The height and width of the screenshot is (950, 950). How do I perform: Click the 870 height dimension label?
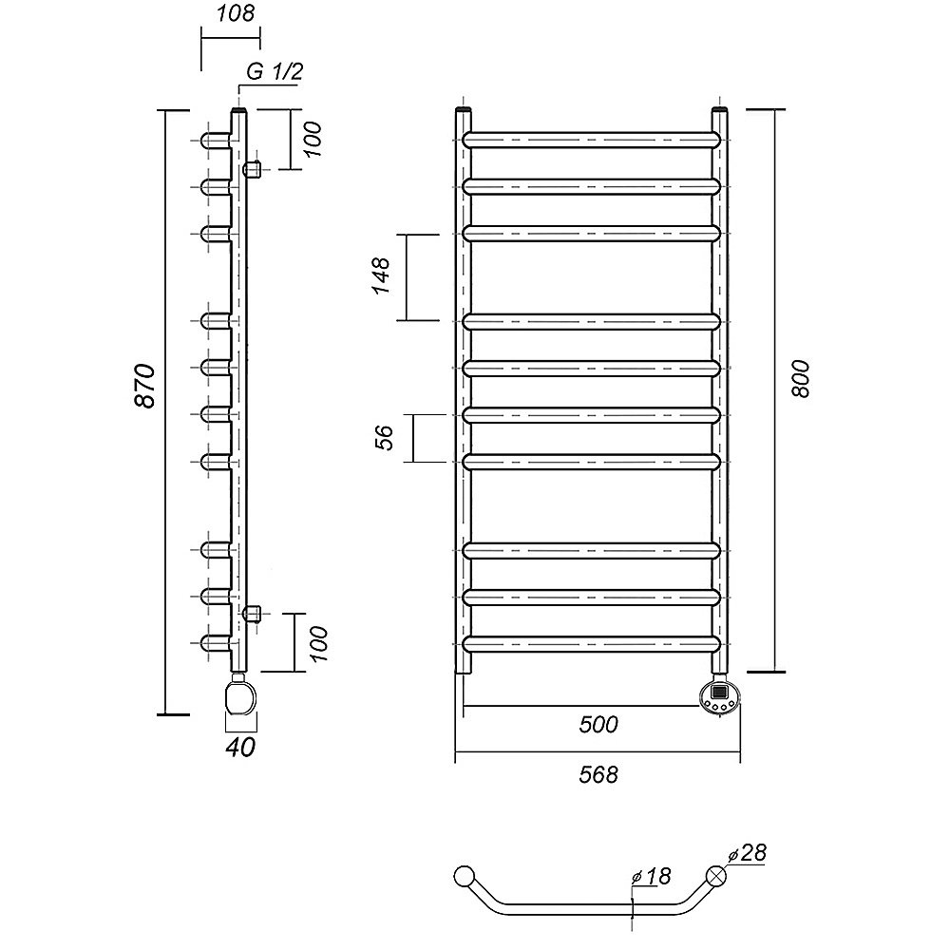(x=145, y=386)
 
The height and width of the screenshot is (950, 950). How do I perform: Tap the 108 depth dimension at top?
(x=236, y=13)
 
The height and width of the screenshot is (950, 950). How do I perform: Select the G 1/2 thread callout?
(x=274, y=72)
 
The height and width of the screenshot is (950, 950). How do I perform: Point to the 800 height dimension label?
(x=800, y=379)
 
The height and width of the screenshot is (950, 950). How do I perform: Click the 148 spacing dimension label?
(x=382, y=276)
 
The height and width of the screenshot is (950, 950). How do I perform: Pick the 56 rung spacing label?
(x=385, y=438)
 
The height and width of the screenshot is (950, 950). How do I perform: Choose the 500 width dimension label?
(x=598, y=725)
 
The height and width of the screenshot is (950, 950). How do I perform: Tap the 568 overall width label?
(x=598, y=774)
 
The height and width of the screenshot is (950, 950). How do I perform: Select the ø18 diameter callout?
(x=651, y=876)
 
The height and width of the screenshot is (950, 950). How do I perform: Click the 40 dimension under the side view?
(x=240, y=747)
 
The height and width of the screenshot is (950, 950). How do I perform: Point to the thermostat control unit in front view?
(x=719, y=695)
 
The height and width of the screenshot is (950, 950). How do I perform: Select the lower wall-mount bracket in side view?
(x=252, y=613)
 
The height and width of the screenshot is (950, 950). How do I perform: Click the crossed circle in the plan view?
(x=716, y=877)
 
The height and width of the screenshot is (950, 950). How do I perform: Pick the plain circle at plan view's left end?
(x=465, y=876)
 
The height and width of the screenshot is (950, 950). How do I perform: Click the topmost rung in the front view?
(x=592, y=140)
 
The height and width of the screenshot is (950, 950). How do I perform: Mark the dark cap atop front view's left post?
(x=463, y=109)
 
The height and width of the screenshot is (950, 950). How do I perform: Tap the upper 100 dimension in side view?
(x=312, y=140)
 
